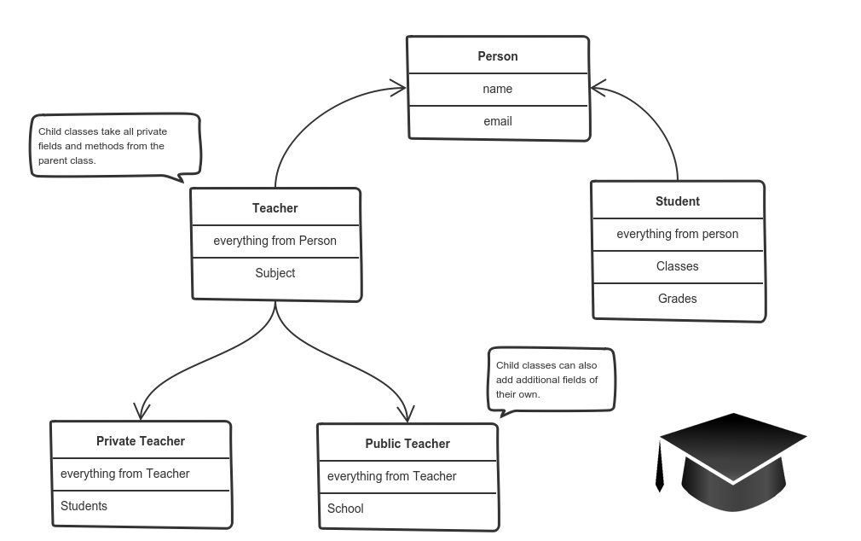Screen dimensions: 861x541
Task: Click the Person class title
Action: point(498,56)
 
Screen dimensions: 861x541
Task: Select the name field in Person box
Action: point(498,89)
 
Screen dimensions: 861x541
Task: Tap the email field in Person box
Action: point(498,121)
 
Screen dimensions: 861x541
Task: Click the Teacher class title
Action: point(275,208)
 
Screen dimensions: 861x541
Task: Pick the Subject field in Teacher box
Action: point(275,273)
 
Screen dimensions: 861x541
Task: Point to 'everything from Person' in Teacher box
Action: point(275,241)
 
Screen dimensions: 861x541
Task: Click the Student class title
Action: point(678,201)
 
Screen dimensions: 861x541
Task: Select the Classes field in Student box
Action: point(678,266)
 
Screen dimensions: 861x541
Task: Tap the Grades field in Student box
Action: point(678,299)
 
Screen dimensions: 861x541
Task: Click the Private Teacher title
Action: point(141,441)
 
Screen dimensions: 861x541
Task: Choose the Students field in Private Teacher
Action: point(84,506)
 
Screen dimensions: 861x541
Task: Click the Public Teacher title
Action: point(407,444)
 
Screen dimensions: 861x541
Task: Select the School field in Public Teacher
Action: point(345,509)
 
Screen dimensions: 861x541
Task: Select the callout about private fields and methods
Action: point(116,148)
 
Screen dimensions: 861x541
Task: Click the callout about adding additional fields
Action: point(552,381)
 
